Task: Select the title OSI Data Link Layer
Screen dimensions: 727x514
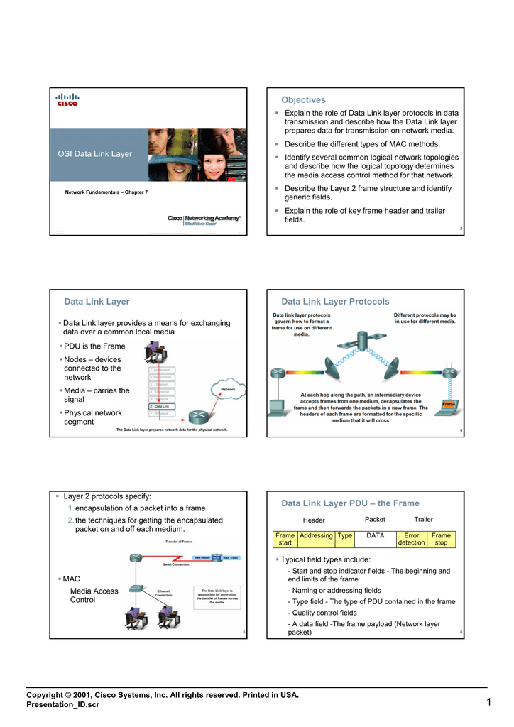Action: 94,154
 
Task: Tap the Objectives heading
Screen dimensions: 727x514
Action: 303,100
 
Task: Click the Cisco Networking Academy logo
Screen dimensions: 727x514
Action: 204,220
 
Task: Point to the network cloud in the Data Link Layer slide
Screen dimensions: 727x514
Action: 228,390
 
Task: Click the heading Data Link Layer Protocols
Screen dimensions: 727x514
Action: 335,302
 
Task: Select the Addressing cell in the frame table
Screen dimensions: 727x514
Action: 316,536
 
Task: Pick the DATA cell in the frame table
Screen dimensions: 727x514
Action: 375,536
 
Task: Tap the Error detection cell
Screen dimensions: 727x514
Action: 411,539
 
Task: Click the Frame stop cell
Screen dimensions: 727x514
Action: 441,539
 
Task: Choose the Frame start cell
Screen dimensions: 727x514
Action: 285,539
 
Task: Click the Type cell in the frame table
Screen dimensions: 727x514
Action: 345,536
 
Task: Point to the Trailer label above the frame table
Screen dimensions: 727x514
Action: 423,520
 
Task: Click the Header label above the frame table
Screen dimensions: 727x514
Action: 314,520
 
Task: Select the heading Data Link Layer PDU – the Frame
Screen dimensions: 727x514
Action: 350,503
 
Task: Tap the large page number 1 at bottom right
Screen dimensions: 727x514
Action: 489,703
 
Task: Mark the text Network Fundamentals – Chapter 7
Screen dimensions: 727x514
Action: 106,192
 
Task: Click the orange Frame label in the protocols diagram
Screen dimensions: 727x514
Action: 448,404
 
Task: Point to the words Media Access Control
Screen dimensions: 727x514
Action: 94,595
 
